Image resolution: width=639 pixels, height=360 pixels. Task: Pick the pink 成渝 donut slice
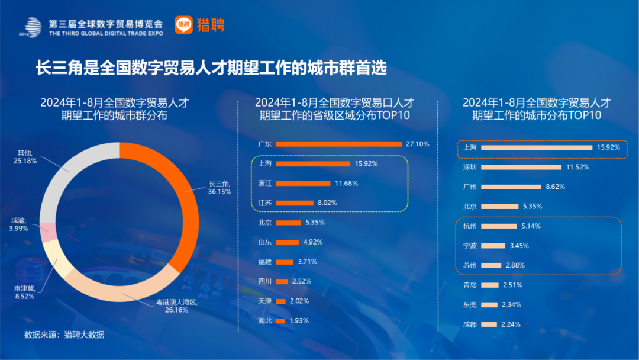pyautogui.click(x=49, y=233)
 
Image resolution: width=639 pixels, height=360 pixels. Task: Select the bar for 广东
pyautogui.click(x=338, y=144)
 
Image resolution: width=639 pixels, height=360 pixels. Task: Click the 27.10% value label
pyautogui.click(x=418, y=144)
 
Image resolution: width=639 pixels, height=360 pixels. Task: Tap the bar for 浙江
pyautogui.click(x=303, y=183)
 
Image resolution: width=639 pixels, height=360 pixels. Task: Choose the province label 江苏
pyautogui.click(x=264, y=202)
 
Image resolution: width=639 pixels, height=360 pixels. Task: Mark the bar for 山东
pyautogui.click(x=288, y=242)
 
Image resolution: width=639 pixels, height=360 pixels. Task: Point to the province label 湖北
pyautogui.click(x=264, y=320)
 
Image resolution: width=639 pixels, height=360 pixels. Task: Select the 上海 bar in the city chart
pyautogui.click(x=537, y=147)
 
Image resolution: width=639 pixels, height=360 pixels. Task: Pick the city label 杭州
pyautogui.click(x=470, y=226)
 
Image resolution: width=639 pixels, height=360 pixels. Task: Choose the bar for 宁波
pyautogui.click(x=493, y=246)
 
